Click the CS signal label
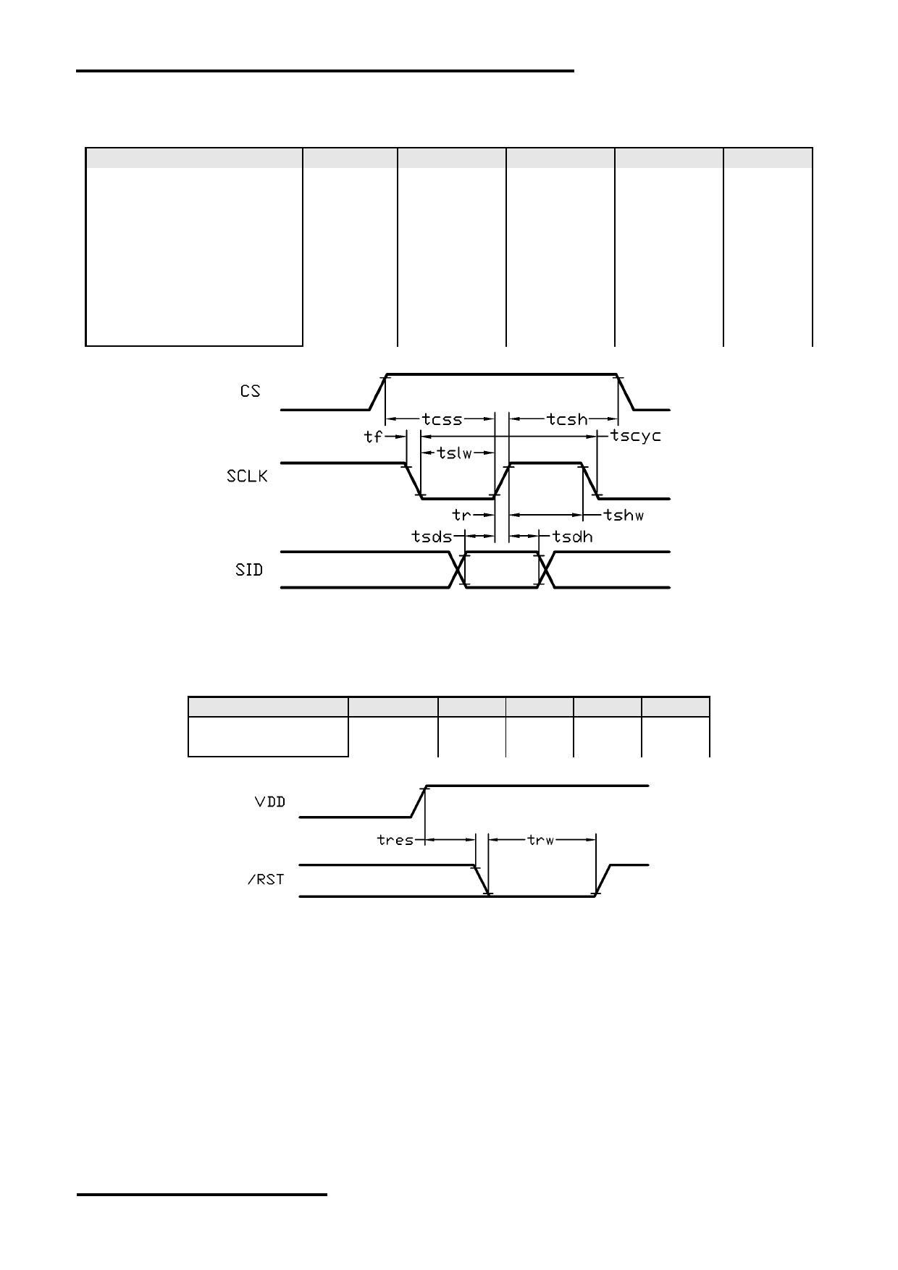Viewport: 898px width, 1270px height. [x=250, y=391]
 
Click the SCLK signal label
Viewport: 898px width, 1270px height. [x=247, y=476]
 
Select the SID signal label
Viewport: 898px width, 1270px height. [x=249, y=570]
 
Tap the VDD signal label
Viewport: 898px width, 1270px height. [x=270, y=802]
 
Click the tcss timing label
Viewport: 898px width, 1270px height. [x=442, y=419]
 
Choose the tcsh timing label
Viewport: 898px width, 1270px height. [x=567, y=419]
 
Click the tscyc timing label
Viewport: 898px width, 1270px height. [x=636, y=437]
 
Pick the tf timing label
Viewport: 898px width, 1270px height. [x=373, y=437]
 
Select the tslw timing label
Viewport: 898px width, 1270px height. [x=455, y=454]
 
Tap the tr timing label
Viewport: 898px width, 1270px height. [x=461, y=515]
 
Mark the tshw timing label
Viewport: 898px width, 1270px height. [x=624, y=515]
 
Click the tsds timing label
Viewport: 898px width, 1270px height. [x=432, y=537]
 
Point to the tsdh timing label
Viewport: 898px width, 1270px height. [x=573, y=537]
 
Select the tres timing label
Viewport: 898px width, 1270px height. [x=395, y=840]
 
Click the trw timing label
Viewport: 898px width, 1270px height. [x=541, y=840]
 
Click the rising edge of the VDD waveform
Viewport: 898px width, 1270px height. [x=419, y=801]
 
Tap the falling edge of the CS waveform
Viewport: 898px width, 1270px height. [x=626, y=392]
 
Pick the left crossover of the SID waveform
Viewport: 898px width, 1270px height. [x=458, y=570]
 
